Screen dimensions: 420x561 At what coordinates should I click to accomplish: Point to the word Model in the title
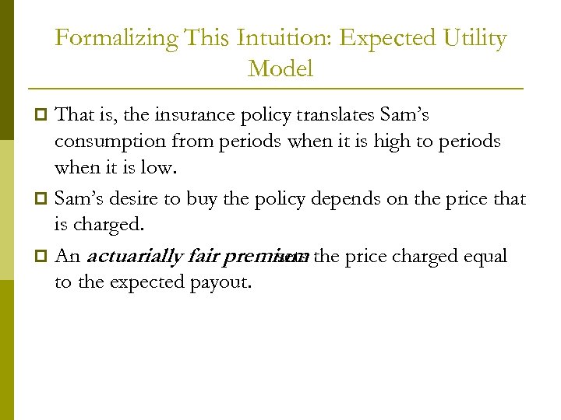(280, 69)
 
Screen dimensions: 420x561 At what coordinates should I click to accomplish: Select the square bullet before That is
(43, 116)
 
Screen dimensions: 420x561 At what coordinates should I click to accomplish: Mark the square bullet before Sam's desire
(43, 199)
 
